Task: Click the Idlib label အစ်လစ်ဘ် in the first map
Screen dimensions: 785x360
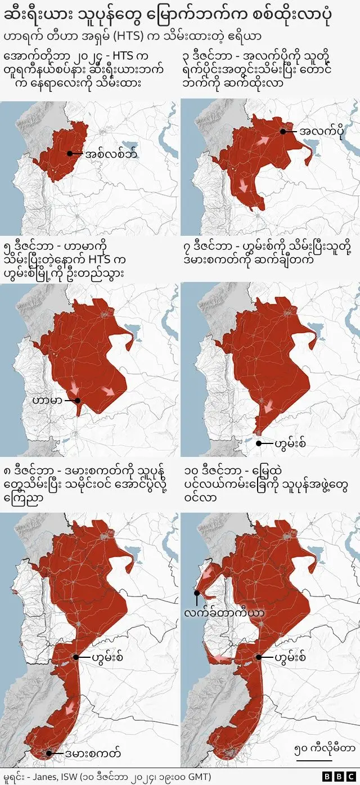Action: click(x=111, y=154)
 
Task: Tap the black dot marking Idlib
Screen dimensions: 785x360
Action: click(x=70, y=154)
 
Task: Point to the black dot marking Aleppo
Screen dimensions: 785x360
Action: click(x=282, y=131)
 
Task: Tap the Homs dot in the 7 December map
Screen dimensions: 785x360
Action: click(x=258, y=443)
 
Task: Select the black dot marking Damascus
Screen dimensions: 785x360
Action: click(x=49, y=753)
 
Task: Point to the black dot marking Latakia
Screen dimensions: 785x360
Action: click(x=196, y=593)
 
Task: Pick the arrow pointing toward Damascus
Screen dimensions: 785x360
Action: click(x=70, y=707)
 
